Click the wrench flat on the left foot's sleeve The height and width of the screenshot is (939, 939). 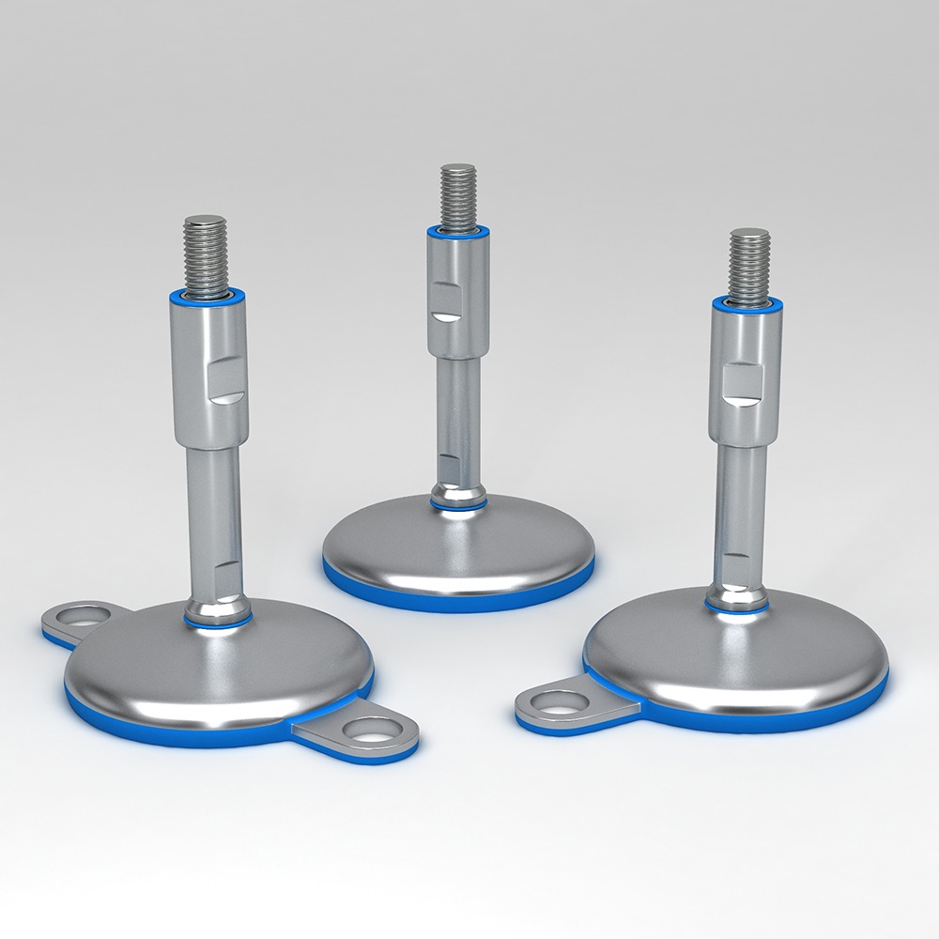225,380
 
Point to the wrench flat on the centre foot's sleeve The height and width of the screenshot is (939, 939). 445,304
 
